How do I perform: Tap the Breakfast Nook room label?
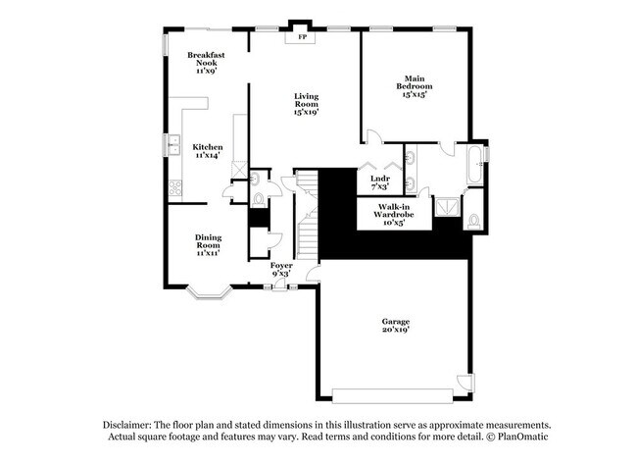206,62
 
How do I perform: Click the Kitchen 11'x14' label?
207,150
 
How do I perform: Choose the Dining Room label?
207,244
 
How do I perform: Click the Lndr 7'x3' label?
380,182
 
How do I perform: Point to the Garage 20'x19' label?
396,326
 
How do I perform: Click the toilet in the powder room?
258,199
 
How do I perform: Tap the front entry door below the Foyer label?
282,284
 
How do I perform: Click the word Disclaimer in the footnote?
128,423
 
